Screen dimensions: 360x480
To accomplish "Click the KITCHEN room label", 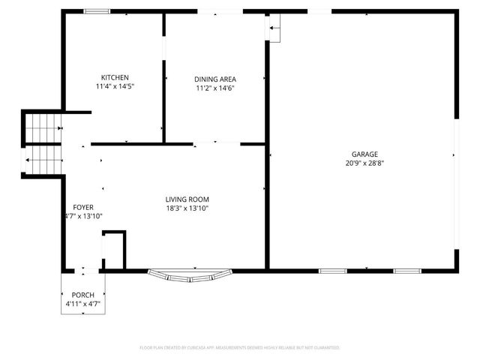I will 115,77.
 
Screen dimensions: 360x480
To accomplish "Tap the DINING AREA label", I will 215,79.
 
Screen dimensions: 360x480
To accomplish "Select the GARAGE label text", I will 365,154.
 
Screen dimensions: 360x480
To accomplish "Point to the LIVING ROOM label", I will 187,199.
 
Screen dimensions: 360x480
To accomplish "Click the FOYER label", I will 82,207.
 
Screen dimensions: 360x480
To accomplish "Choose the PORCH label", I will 82,295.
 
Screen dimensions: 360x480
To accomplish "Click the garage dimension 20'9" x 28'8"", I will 365,163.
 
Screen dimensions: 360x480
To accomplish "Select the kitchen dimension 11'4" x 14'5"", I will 115,86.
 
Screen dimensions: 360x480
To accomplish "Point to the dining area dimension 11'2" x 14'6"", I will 215,88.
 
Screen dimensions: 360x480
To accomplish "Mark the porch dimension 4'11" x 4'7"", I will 82,304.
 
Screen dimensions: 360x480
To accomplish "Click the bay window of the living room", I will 190,275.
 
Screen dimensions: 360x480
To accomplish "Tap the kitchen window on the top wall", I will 96,11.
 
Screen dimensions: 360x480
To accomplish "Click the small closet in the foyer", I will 113,250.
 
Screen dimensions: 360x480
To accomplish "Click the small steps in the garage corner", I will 274,29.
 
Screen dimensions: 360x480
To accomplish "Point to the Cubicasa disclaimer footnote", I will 240,348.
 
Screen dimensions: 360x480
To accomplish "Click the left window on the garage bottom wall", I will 332,270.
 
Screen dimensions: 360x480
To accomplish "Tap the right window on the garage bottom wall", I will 406,270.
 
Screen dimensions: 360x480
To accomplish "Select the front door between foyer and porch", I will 82,269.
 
